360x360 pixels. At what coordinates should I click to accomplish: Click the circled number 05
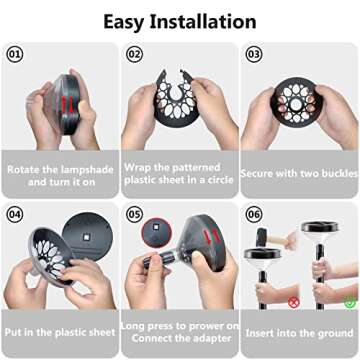134,214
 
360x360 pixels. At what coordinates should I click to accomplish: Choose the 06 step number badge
254,214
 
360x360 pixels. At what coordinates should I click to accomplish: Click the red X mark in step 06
293,301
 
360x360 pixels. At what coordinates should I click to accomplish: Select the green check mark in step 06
347,301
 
